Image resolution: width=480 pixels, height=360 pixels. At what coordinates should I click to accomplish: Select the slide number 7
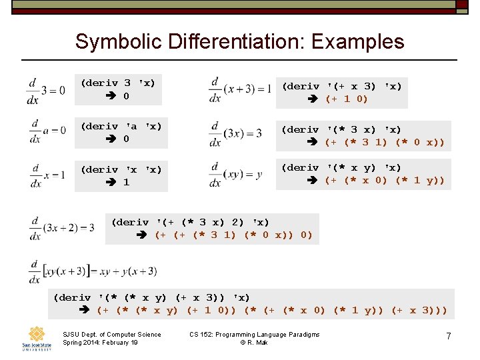449,337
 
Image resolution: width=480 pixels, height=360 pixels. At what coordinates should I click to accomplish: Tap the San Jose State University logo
36,339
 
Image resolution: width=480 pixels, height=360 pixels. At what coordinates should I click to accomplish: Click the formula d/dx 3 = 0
46,90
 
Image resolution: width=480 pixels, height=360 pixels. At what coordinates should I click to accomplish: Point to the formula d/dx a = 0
46,131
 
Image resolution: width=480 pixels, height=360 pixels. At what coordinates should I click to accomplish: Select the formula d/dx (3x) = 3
235,133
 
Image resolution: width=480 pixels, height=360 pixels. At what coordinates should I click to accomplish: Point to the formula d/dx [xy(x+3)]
93,271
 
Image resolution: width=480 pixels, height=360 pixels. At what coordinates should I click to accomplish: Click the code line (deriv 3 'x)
118,83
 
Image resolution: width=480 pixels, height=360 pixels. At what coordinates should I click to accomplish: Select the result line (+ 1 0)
346,99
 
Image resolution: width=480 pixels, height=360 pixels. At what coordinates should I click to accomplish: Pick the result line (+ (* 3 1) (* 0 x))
384,142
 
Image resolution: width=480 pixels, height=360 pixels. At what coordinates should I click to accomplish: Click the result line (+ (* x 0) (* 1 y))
384,180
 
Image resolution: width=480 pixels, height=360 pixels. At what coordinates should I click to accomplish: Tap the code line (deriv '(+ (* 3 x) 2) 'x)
190,222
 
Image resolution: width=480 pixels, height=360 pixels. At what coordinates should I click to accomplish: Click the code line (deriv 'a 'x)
121,126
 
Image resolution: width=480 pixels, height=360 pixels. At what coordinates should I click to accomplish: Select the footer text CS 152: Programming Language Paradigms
254,334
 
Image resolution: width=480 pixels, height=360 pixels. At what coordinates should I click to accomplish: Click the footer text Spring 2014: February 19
100,343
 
